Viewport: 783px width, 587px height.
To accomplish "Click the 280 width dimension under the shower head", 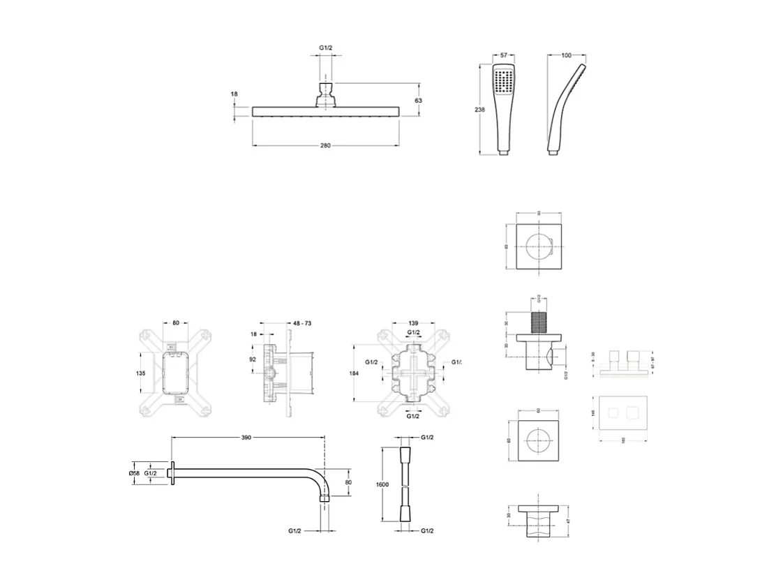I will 325,145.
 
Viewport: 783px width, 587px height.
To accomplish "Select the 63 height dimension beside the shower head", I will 419,101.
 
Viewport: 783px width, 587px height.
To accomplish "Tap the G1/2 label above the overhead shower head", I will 325,47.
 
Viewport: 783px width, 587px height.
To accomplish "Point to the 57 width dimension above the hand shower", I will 502,54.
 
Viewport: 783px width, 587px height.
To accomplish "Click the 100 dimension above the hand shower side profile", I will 566,54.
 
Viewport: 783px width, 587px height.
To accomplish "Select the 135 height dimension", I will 142,373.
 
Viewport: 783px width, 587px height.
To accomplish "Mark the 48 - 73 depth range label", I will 301,323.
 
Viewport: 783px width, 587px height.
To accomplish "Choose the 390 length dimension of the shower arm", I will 246,438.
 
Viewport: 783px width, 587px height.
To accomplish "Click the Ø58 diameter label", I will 135,473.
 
